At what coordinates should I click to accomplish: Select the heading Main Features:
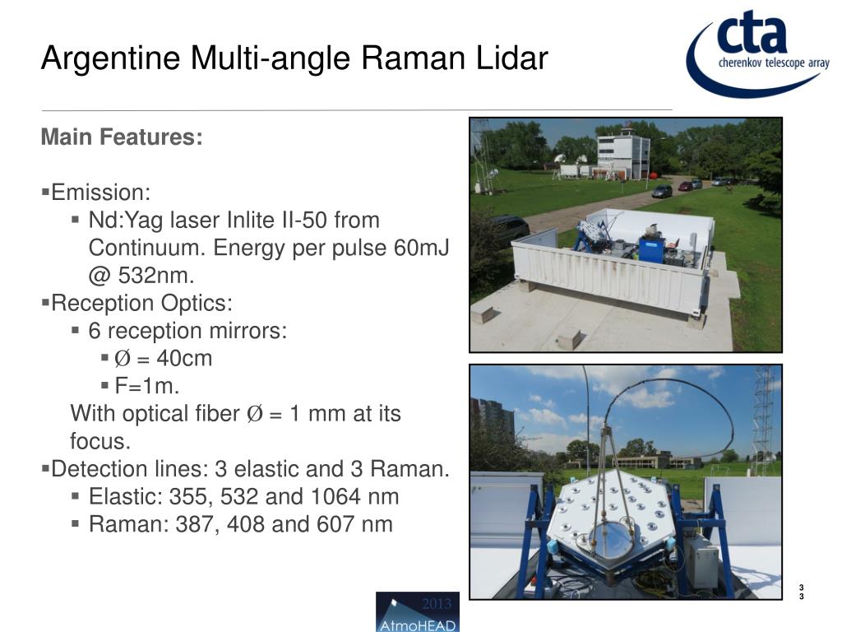(122, 137)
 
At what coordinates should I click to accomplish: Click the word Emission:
(100, 193)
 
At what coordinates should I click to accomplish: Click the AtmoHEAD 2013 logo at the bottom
(417, 611)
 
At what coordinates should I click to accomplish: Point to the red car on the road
(685, 186)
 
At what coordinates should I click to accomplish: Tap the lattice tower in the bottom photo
(762, 420)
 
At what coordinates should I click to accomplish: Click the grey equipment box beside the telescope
(701, 561)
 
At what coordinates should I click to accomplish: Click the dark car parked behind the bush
(509, 227)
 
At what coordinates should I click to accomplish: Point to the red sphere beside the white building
(654, 174)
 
